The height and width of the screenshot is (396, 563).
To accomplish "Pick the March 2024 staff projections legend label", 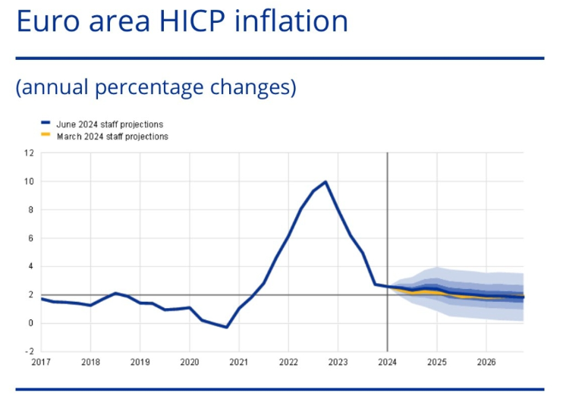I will click(112, 137).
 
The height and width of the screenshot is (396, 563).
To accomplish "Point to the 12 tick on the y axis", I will click(30, 152).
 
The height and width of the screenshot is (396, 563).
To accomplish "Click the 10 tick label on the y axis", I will click(30, 181).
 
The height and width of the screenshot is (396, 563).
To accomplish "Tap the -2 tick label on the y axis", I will click(30, 352).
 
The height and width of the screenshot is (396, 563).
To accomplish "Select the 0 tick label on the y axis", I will click(32, 323).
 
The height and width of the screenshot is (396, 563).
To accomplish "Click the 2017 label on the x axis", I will click(41, 363).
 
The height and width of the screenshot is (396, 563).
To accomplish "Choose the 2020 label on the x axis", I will click(190, 363).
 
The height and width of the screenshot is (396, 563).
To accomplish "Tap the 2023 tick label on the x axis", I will click(338, 363).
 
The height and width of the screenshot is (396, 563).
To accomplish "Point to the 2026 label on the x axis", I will click(486, 363).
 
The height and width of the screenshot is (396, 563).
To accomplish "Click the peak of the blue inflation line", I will click(326, 182).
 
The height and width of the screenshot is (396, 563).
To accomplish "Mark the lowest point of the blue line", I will click(227, 327).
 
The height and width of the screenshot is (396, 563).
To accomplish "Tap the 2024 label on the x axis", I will click(388, 363).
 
